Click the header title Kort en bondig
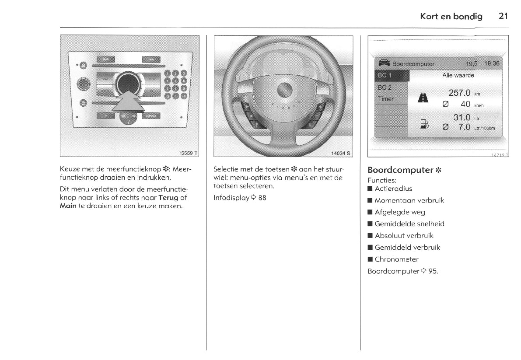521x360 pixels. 451,17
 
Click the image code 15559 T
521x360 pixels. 188,153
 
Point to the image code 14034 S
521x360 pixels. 341,153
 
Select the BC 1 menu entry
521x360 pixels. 385,76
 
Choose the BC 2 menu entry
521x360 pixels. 385,87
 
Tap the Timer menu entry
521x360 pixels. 386,99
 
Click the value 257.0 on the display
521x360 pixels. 459,93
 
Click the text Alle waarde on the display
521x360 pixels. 458,75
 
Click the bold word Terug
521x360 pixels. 168,198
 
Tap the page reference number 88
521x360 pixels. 262,198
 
